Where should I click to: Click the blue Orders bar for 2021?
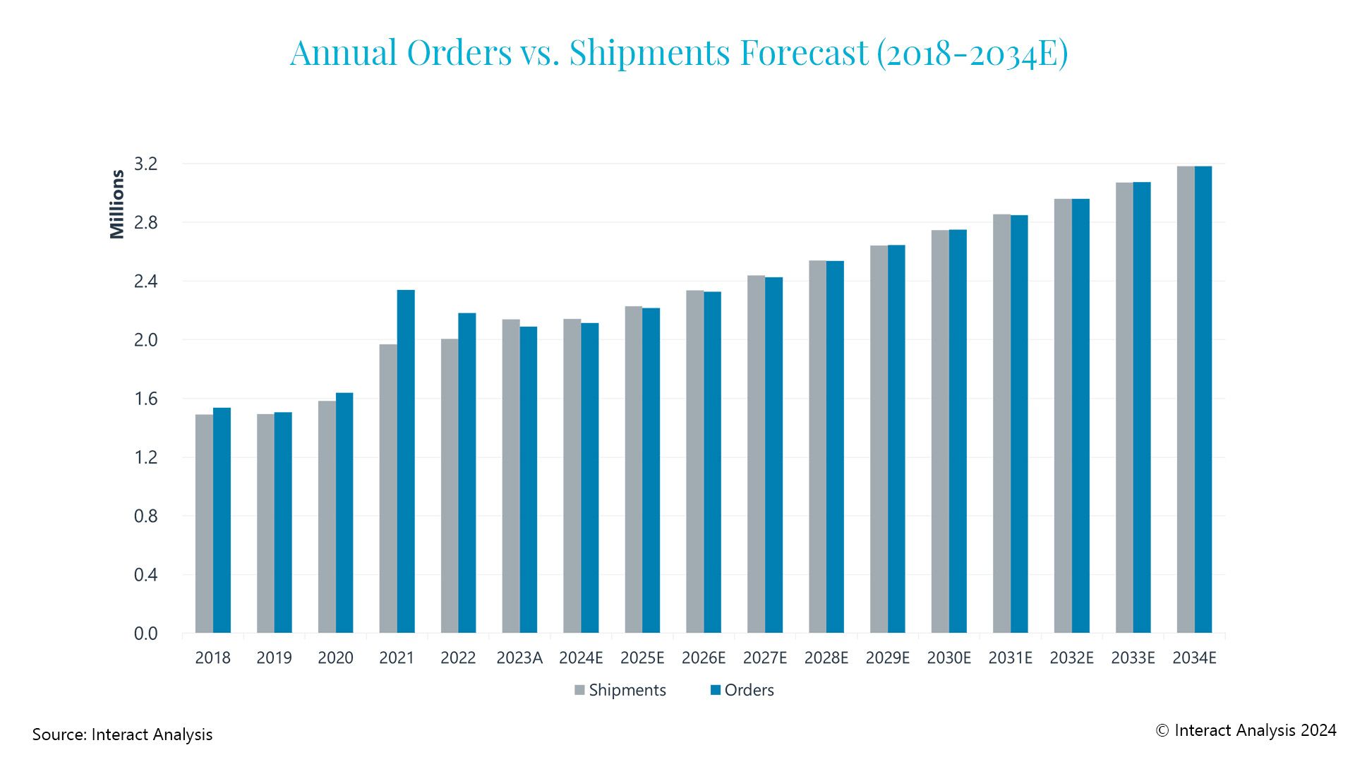tap(406, 462)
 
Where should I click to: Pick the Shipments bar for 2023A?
tap(511, 476)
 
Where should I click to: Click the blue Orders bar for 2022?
tap(467, 473)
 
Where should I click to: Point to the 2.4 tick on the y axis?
tap(145, 282)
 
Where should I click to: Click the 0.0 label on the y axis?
tap(145, 634)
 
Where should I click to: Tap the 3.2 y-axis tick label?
tap(145, 164)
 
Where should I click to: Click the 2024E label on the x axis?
tap(581, 658)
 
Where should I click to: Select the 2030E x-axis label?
tap(948, 658)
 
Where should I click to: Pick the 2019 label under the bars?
tap(274, 658)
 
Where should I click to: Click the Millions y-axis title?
tap(117, 205)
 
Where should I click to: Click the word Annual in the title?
tap(343, 53)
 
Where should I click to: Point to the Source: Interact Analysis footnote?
tap(122, 734)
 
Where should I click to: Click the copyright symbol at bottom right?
tap(1162, 731)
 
